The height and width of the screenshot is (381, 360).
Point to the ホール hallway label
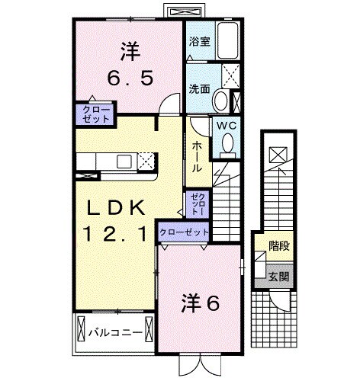[x=197, y=155]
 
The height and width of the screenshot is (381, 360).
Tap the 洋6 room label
[x=200, y=303]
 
